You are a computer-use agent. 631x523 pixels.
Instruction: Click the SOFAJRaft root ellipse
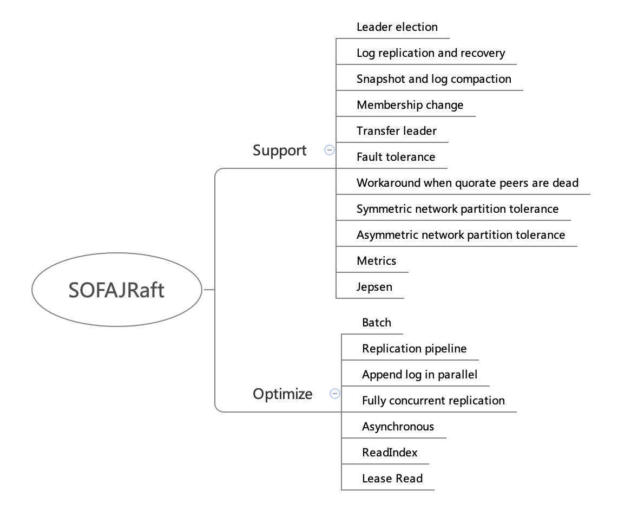click(116, 290)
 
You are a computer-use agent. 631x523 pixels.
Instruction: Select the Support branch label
click(279, 151)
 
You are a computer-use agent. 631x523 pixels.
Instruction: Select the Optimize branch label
click(282, 394)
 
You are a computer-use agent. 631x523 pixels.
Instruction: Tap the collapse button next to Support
click(329, 150)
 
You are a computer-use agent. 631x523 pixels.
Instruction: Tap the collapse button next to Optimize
click(335, 394)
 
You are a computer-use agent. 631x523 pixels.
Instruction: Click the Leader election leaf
click(397, 27)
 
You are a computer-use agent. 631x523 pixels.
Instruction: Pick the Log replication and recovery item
click(430, 53)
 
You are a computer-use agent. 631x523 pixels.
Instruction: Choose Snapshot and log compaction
click(433, 79)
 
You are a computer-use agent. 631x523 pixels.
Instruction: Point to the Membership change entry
click(410, 105)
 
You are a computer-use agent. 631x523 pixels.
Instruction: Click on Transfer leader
click(396, 131)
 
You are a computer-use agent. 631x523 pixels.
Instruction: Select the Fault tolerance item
click(396, 157)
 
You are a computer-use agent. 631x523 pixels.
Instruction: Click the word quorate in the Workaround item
click(475, 183)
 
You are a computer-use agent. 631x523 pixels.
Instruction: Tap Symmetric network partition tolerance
click(457, 209)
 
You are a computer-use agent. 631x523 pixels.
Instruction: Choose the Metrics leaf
click(376, 261)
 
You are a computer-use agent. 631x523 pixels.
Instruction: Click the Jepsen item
click(374, 287)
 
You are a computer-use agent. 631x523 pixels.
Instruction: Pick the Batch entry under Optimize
click(376, 323)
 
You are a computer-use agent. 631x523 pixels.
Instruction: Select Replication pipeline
click(414, 349)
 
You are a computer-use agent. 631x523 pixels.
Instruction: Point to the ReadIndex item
click(390, 453)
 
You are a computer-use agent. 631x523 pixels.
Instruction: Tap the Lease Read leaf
click(392, 479)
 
